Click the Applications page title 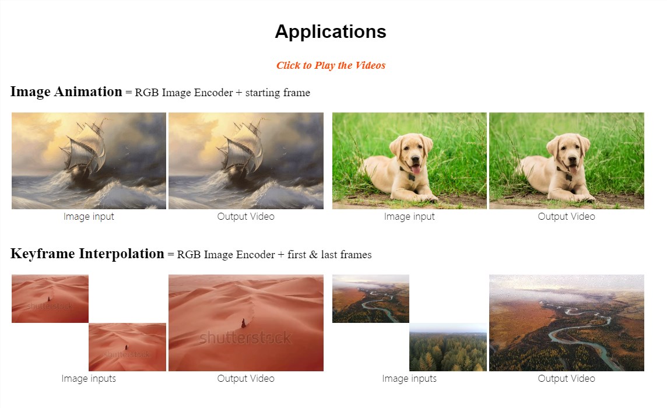[x=331, y=32]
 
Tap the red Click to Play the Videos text [x=331, y=65]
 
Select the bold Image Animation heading [x=66, y=92]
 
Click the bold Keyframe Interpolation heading [x=87, y=254]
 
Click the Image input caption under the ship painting [x=89, y=217]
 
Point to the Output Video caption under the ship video [x=246, y=217]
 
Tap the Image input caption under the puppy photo [x=409, y=217]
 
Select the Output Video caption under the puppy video [x=566, y=217]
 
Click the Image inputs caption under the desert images [x=89, y=379]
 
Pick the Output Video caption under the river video [x=566, y=379]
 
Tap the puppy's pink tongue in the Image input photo [x=416, y=170]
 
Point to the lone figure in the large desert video [x=243, y=323]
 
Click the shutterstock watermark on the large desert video [x=245, y=338]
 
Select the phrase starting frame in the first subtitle [x=278, y=93]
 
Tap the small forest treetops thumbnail [x=448, y=347]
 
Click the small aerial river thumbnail [x=370, y=298]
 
